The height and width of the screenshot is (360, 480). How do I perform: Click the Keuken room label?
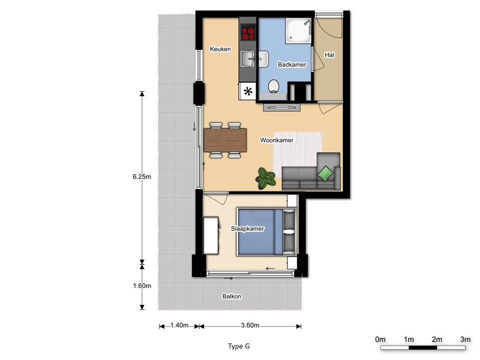(220, 49)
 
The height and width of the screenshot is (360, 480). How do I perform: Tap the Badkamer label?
(291, 64)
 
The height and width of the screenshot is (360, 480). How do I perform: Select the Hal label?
(329, 55)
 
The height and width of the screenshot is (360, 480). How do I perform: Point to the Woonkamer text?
(276, 140)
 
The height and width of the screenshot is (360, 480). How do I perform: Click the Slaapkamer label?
(247, 228)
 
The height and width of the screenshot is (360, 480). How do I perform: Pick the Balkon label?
(231, 296)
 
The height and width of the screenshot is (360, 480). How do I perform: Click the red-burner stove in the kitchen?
(248, 32)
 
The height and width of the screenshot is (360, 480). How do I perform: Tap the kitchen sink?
(247, 58)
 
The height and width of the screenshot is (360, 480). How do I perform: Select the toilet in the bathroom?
(273, 86)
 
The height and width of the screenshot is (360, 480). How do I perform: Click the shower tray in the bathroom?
(298, 30)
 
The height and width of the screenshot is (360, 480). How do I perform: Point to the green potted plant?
(265, 178)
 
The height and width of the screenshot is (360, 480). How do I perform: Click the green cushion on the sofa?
(325, 173)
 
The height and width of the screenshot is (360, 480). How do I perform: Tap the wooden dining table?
(225, 140)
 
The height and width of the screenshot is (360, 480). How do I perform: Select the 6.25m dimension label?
(141, 176)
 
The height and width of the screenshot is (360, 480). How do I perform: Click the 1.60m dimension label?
(141, 285)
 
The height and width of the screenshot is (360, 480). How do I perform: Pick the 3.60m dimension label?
(250, 325)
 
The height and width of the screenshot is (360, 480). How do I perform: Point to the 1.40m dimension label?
(179, 325)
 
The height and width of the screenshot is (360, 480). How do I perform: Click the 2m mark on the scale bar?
(437, 339)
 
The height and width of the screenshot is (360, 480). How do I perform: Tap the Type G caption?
(239, 346)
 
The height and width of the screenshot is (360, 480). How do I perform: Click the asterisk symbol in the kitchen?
(248, 91)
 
